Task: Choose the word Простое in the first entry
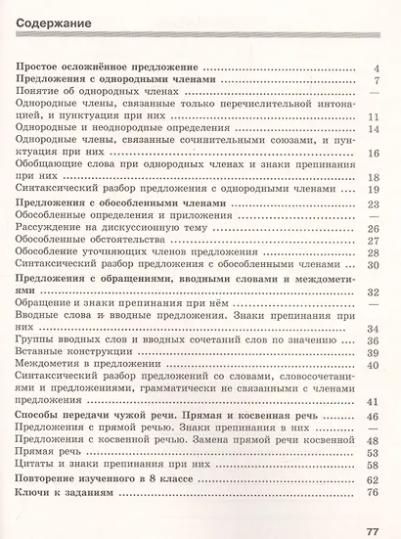(x=42, y=67)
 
